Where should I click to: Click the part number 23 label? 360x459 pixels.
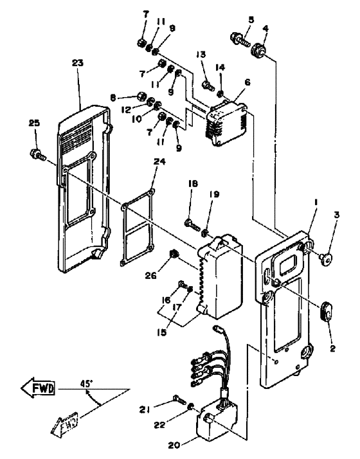point(78,63)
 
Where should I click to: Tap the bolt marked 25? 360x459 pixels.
point(38,154)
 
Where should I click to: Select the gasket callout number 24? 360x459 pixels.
point(159,162)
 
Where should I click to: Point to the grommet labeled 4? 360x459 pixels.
point(258,49)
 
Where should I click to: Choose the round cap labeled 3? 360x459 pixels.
point(326,258)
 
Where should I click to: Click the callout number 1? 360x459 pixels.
point(316,203)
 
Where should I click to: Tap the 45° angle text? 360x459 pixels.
point(87,383)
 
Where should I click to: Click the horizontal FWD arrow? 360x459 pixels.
point(38,388)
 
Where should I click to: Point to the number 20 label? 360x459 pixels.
point(174,446)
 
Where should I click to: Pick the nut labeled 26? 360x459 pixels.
point(174,254)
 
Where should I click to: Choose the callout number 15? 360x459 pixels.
point(161,332)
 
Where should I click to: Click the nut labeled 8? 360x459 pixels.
point(141,96)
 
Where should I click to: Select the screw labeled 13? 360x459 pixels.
point(208,85)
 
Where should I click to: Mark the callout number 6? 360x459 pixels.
point(248,82)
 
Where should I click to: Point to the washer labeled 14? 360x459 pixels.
point(220,93)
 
